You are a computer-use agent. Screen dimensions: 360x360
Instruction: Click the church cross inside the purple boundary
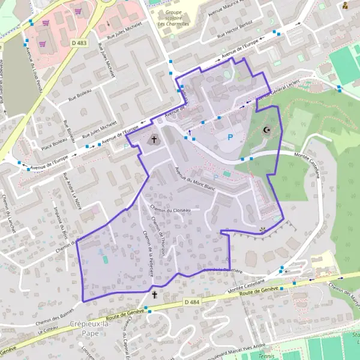[x=154, y=140]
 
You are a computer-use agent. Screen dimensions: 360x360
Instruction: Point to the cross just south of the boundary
[x=155, y=295]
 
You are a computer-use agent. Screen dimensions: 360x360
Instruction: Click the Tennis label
[x=265, y=356]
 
